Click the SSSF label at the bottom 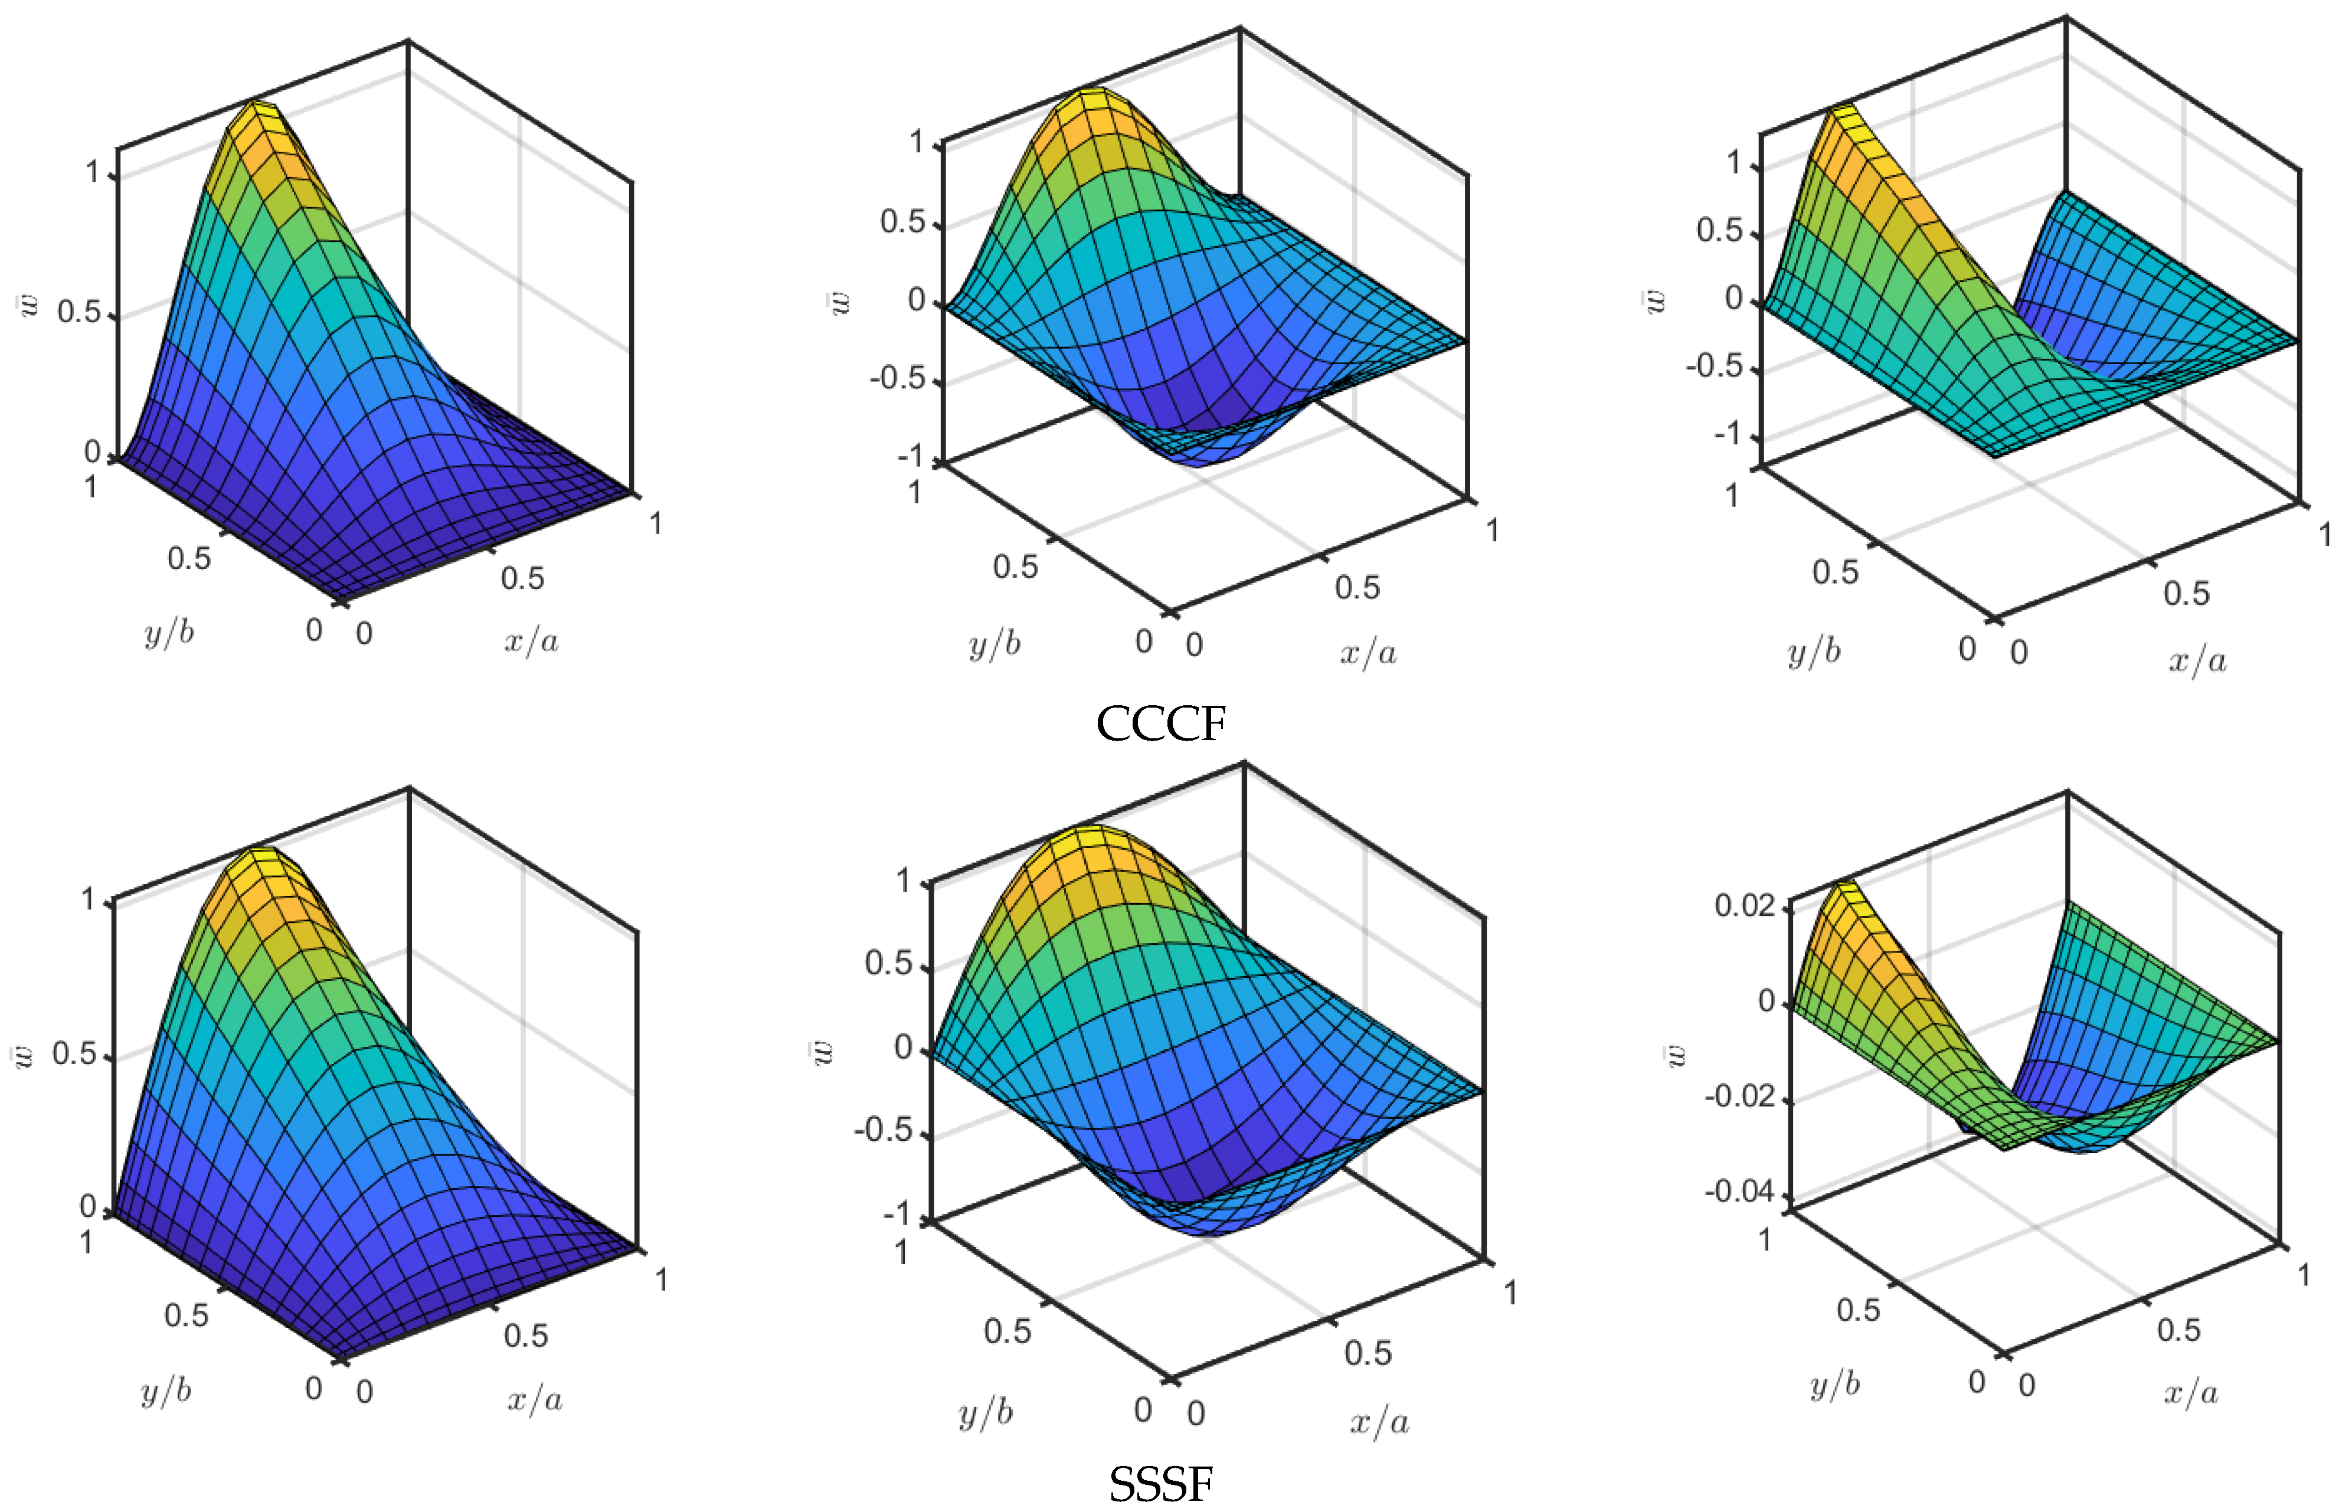(x=1161, y=1484)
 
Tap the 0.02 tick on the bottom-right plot (x=1745, y=905)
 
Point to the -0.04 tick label (x=1739, y=1192)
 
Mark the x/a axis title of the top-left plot (x=531, y=641)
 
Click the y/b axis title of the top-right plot (x=1813, y=651)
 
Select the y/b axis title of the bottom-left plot (x=166, y=1390)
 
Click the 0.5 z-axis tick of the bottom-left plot (x=74, y=1053)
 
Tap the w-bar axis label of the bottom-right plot (x=1676, y=1053)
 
